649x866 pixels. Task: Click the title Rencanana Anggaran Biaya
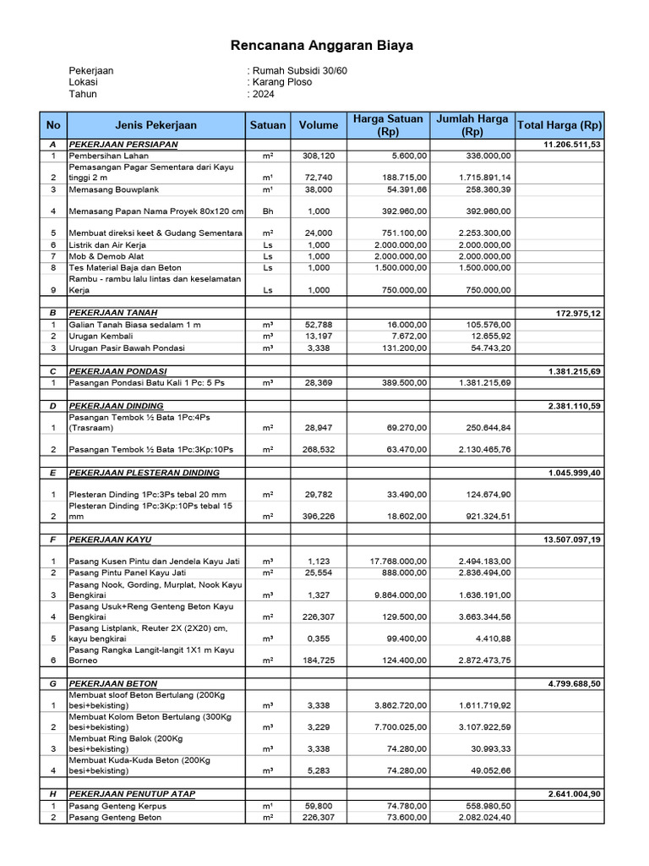click(323, 46)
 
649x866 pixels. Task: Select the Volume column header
click(318, 125)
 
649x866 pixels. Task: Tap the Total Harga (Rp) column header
click(559, 125)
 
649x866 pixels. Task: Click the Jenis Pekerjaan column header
click(156, 125)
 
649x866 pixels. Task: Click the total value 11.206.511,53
click(572, 145)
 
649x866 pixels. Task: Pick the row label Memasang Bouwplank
click(112, 189)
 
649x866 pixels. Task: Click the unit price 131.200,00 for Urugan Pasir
click(401, 347)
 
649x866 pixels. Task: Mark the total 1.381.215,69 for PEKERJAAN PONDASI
click(572, 371)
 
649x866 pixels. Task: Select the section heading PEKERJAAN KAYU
click(110, 539)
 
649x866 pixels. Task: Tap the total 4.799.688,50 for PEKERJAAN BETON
click(572, 683)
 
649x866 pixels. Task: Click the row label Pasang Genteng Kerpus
click(117, 806)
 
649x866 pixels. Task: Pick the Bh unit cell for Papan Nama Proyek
click(267, 211)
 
